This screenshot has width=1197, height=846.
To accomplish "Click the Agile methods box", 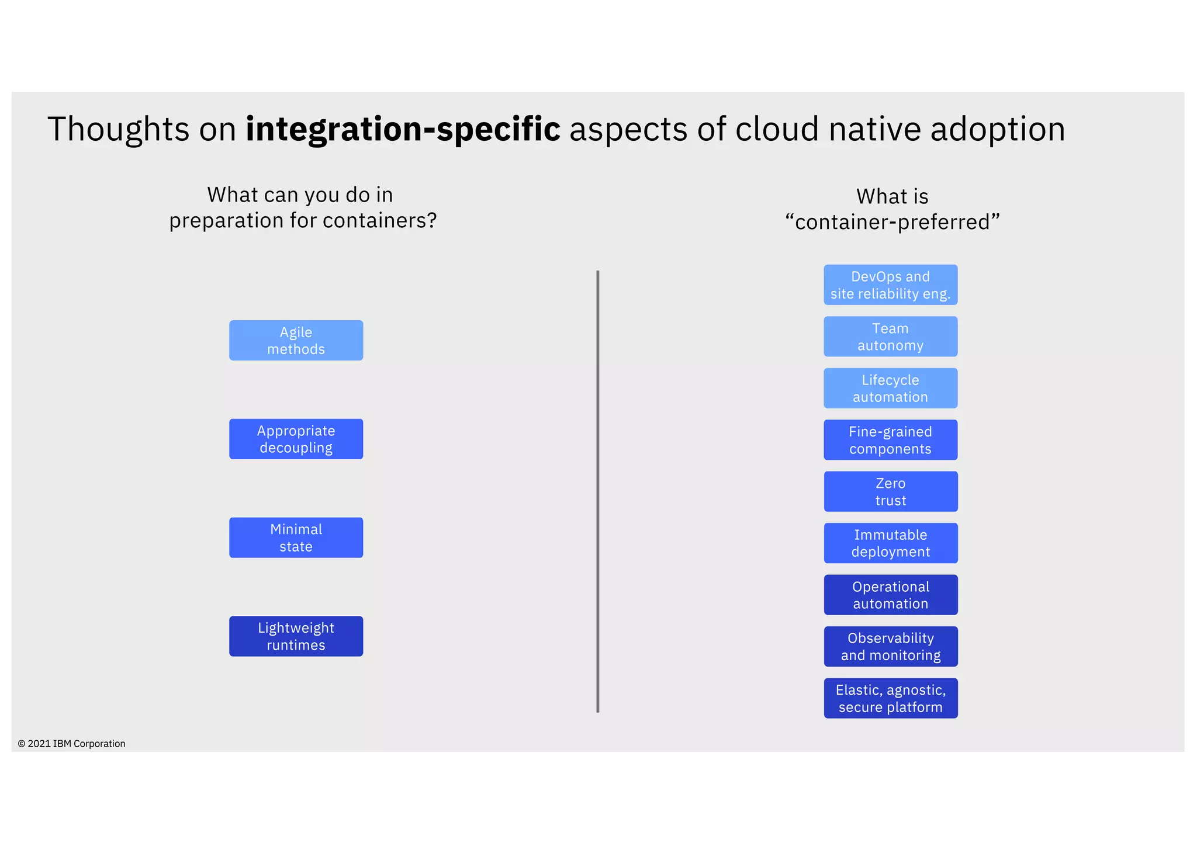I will point(296,340).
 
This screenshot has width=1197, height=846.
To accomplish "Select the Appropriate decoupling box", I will point(296,439).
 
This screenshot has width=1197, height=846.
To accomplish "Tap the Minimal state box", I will point(296,538).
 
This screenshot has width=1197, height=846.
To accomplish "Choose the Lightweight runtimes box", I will point(296,636).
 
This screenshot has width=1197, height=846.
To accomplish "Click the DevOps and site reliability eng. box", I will point(890,285).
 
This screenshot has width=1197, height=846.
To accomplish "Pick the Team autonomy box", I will point(890,337).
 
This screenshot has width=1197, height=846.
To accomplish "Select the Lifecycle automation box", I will point(890,388).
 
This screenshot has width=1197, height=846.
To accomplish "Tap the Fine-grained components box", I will point(890,440).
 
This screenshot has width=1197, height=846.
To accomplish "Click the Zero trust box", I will point(890,491).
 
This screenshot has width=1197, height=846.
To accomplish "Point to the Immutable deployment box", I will point(890,543).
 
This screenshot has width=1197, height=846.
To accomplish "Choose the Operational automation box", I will point(890,595).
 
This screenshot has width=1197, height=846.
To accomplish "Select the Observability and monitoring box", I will point(890,646).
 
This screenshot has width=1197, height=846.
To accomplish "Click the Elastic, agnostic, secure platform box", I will point(890,698).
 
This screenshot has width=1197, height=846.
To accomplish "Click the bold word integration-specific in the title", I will point(403,129).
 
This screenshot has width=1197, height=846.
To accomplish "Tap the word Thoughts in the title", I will point(118,129).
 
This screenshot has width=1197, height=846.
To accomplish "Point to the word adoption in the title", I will point(997,129).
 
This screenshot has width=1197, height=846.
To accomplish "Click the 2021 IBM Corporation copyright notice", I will point(71,744).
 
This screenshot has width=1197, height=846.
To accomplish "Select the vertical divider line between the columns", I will point(597,491).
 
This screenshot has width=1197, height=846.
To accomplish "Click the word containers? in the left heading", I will point(379,221).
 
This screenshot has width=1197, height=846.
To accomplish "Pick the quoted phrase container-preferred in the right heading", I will point(892,223).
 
